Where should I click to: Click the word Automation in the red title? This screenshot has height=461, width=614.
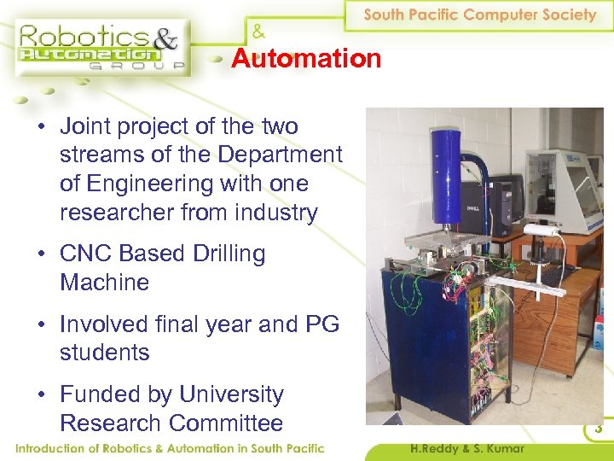coord(306,59)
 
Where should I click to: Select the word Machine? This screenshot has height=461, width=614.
coord(104,283)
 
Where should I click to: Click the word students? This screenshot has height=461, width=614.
coord(104,353)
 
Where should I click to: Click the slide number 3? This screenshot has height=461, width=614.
coord(599,429)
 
